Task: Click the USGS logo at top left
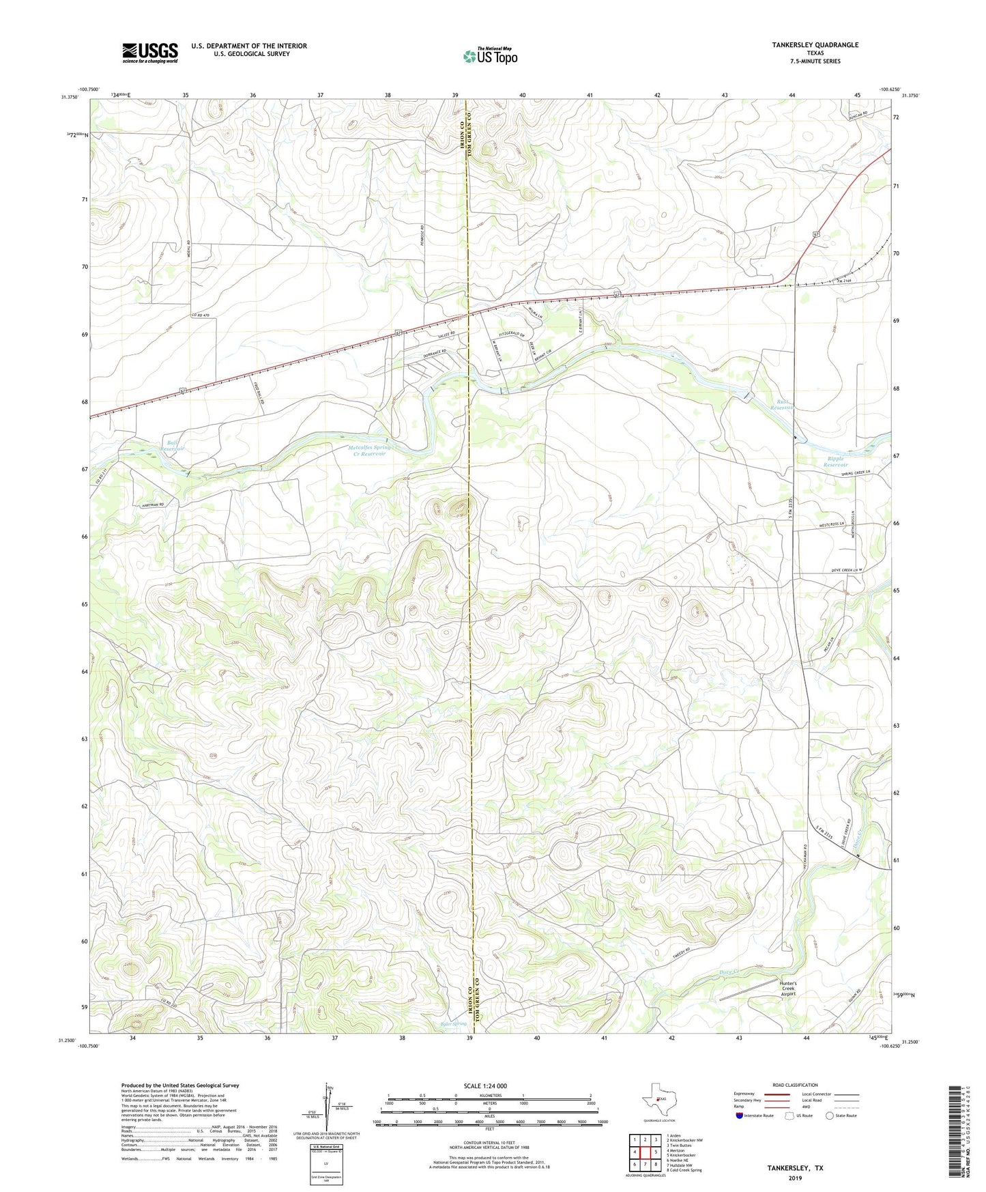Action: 150,52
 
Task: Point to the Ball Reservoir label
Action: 175,446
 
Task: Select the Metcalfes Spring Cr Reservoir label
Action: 364,451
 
